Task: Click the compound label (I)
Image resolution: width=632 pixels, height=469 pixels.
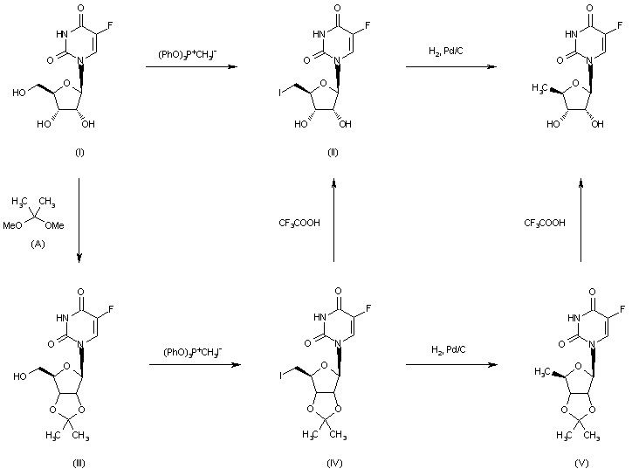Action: point(80,153)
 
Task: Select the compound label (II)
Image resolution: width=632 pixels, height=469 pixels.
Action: point(333,153)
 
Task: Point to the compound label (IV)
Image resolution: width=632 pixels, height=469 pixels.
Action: point(332,460)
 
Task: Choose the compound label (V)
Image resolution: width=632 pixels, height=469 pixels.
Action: point(581,460)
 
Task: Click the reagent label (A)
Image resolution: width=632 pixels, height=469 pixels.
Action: point(38,244)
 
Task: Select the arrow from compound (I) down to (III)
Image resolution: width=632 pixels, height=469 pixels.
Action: point(80,218)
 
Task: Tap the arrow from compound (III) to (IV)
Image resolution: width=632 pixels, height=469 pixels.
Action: point(194,365)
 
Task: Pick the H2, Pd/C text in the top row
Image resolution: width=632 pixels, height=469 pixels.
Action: point(444,54)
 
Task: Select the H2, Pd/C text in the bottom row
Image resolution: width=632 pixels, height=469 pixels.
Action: point(445,350)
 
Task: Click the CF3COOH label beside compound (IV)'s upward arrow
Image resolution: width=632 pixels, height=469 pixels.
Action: point(299,223)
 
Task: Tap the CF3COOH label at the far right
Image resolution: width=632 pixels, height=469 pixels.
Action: point(545,223)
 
